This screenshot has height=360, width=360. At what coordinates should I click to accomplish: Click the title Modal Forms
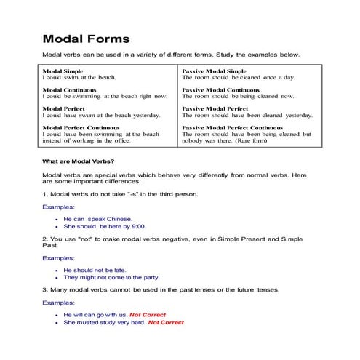[87, 38]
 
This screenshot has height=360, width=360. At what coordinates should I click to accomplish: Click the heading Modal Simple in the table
[63, 71]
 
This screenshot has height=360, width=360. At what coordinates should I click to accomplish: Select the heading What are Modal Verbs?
[78, 160]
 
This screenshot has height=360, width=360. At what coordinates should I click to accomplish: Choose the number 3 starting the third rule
[45, 290]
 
